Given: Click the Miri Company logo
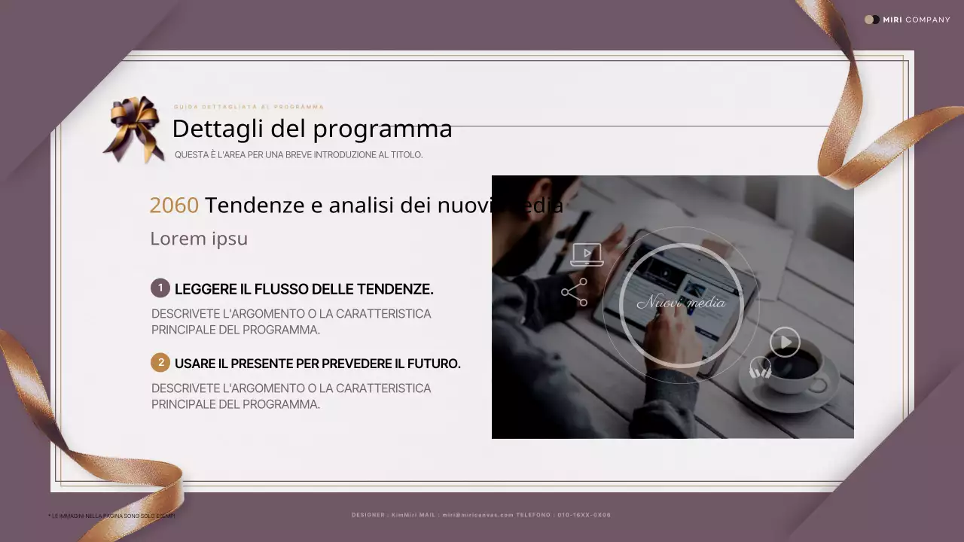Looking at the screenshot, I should pos(907,20).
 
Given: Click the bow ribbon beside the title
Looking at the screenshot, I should pos(134,128).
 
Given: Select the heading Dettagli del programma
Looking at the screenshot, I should pos(312,129).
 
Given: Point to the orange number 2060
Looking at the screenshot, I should pos(174,205).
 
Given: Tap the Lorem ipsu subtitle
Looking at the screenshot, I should pos(199,239).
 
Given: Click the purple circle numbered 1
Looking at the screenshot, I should pos(160,288).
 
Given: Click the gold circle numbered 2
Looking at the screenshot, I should pos(160,363).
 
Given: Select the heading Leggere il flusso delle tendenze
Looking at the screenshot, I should pos(304,289).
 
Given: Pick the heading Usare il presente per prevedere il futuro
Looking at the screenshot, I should pos(317,364).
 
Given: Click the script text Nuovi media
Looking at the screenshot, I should pos(681,303).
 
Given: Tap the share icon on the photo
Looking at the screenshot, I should pos(575,292).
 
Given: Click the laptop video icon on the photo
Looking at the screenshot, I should pos(587,254).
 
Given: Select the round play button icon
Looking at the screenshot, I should pos(785,343).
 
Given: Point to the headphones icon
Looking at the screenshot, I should pos(761,368).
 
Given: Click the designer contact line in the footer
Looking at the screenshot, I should pos(481,515).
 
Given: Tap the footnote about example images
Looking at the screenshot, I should pos(111,516).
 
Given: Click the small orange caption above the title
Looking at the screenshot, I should pos(249,107).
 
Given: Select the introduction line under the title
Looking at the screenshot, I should pos(298,155).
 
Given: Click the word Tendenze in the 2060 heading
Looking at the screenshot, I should pos(255,205).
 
